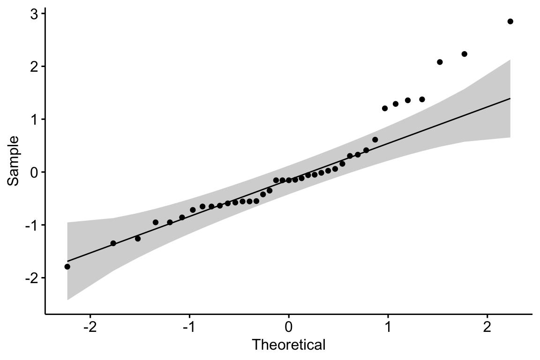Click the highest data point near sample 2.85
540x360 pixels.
510,21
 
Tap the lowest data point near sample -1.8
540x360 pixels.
67,267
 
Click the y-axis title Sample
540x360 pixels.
14,161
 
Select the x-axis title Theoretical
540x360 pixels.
288,345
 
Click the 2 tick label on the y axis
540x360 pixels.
34,67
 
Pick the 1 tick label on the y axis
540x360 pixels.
34,120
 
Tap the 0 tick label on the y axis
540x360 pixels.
34,172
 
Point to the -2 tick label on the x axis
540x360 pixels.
90,326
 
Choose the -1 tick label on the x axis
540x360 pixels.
189,326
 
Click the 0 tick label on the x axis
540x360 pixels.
289,326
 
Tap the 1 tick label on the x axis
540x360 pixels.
388,326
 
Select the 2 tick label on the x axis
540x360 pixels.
487,326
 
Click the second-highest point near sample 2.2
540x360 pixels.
465,54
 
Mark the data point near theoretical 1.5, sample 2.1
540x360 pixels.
440,62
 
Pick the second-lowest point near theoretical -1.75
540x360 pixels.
113,243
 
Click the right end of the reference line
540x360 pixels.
510,98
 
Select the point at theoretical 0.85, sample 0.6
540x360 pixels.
375,140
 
